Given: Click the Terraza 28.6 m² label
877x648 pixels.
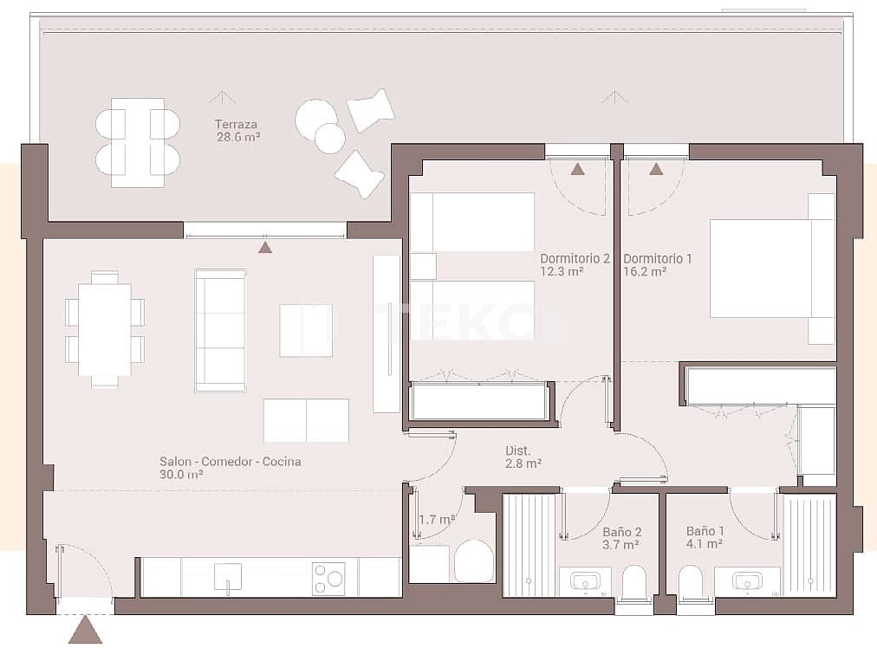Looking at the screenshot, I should [x=237, y=130].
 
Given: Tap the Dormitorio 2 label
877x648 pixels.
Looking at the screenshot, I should [x=575, y=264].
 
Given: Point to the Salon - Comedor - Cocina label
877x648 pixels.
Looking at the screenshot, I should [x=230, y=468].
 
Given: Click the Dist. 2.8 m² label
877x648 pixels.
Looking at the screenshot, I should [x=523, y=457].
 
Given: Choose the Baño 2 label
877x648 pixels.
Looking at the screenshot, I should [x=620, y=538].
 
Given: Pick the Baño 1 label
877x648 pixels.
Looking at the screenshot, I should [x=704, y=537].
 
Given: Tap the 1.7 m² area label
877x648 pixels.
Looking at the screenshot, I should [x=437, y=520].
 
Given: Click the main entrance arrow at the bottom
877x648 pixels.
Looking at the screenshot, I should [x=85, y=630].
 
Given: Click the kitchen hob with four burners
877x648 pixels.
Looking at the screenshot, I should [x=328, y=578].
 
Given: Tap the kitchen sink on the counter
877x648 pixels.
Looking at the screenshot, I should [x=228, y=576].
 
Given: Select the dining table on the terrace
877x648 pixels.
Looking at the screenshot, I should [x=137, y=142].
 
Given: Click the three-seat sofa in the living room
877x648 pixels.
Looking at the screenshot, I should [x=220, y=330].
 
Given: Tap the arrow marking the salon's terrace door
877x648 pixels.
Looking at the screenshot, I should [x=265, y=247].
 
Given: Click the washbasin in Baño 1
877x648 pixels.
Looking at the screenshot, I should [x=746, y=580].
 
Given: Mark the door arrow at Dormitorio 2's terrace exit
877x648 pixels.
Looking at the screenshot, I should [x=577, y=169].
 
